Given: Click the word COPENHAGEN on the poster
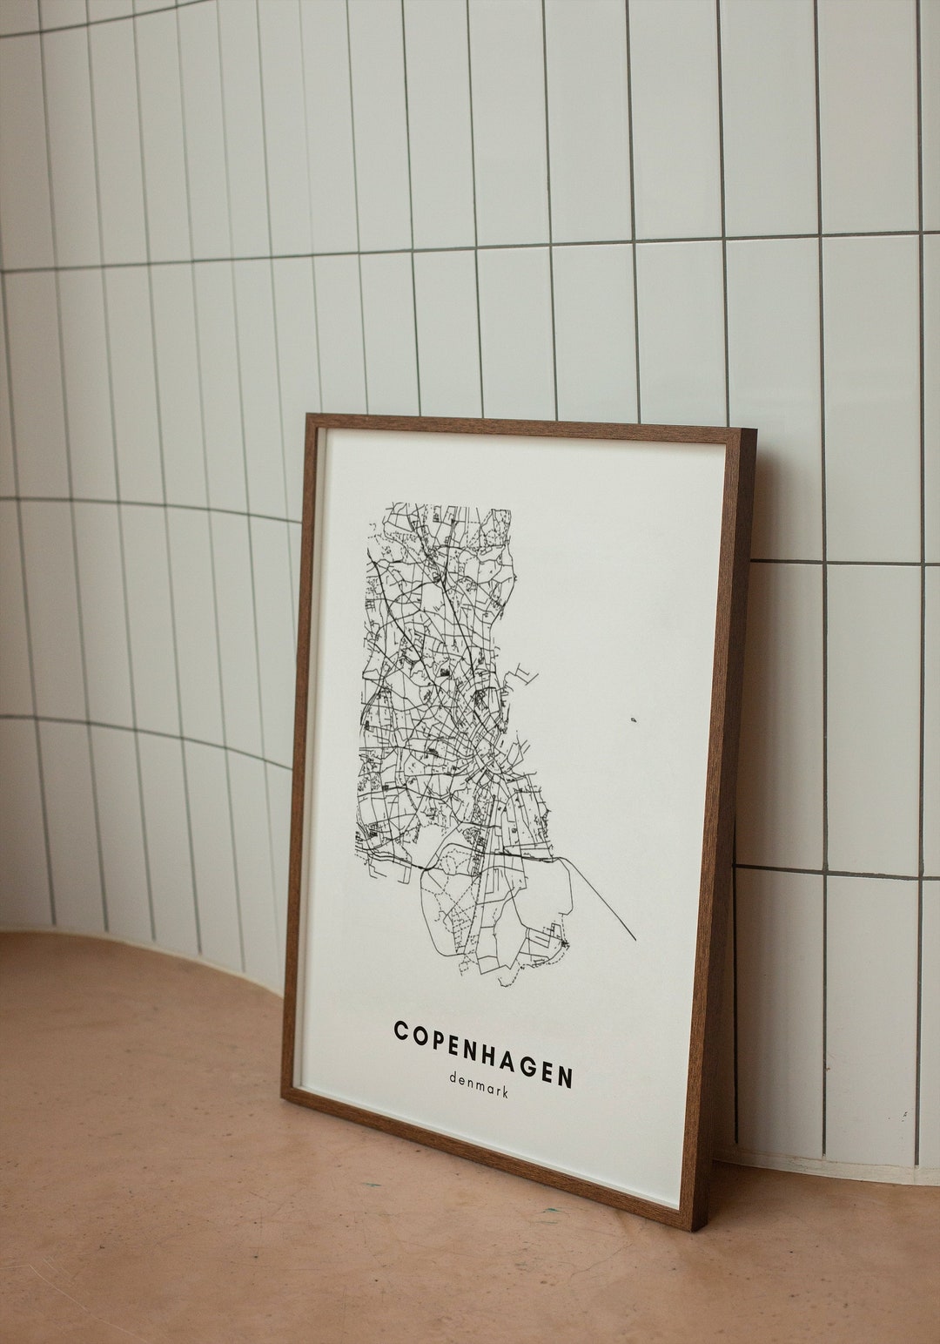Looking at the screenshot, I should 484,1053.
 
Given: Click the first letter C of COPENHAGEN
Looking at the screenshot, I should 401,1030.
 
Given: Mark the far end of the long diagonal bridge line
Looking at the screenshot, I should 634,941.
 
